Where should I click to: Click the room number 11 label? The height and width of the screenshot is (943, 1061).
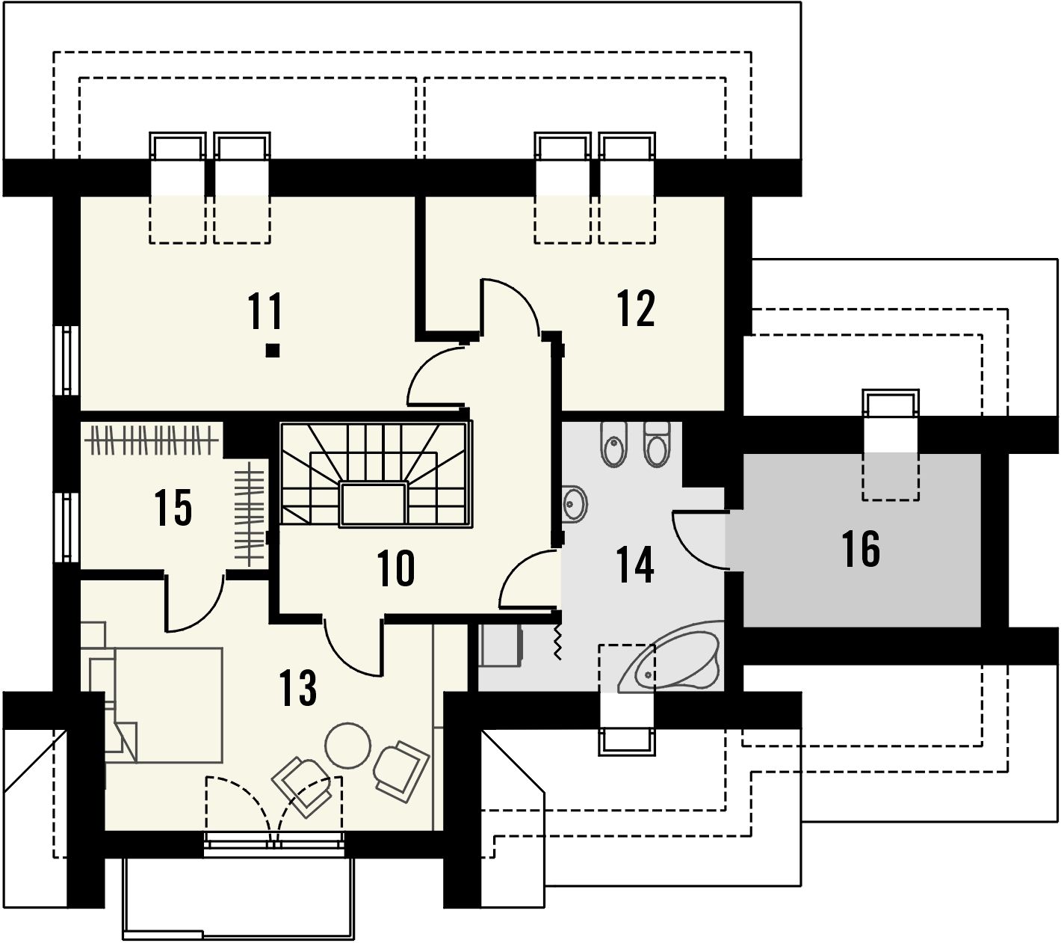pyautogui.click(x=265, y=310)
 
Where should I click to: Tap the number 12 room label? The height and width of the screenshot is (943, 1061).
pyautogui.click(x=636, y=307)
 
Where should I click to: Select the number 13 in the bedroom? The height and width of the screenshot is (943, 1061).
pyautogui.click(x=297, y=687)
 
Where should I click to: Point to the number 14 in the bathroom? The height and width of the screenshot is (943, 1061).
pyautogui.click(x=635, y=565)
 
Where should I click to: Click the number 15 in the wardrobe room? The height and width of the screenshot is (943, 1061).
pyautogui.click(x=173, y=508)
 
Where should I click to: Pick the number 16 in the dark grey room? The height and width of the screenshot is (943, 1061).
pyautogui.click(x=861, y=549)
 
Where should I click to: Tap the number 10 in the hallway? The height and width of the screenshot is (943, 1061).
pyautogui.click(x=396, y=568)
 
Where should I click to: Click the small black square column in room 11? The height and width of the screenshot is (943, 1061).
pyautogui.click(x=272, y=350)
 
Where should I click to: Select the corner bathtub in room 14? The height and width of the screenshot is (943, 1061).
pyautogui.click(x=669, y=660)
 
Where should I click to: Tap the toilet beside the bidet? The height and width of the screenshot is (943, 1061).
pyautogui.click(x=658, y=444)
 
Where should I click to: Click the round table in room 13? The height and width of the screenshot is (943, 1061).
pyautogui.click(x=347, y=745)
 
